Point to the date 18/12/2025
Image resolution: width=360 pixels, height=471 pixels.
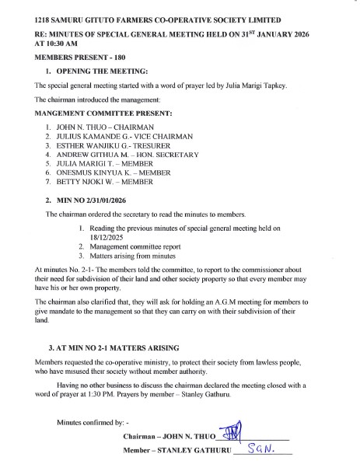[x=107, y=238]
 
